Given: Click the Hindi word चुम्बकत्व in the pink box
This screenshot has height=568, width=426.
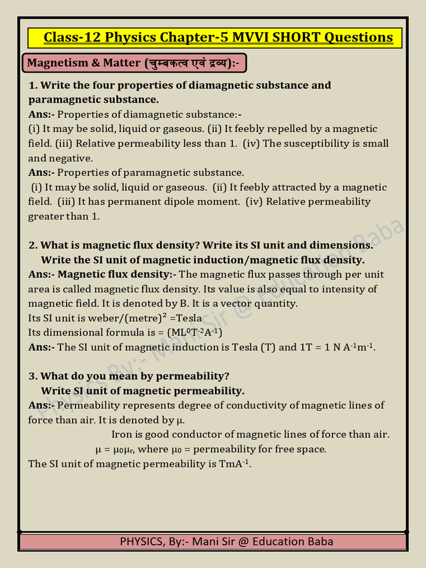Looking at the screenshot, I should coord(167,63).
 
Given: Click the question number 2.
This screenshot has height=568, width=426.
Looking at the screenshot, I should coord(32,245).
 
